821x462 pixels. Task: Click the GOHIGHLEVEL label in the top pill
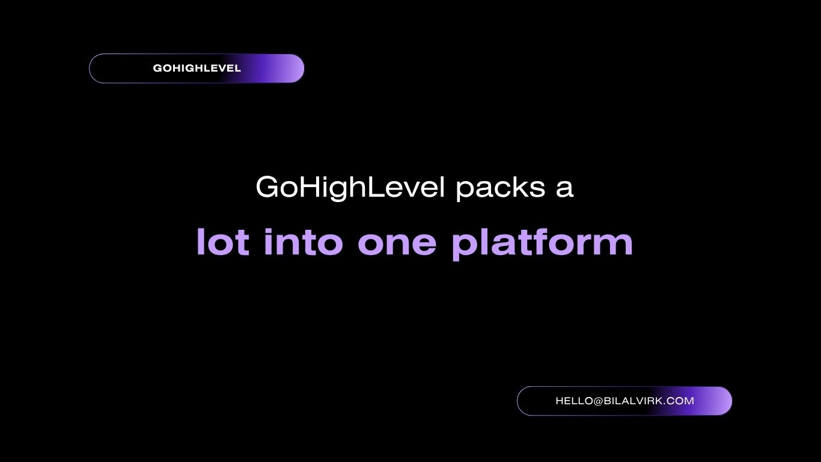197,68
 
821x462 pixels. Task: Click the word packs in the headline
500,188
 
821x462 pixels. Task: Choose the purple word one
397,244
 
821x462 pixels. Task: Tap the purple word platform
542,244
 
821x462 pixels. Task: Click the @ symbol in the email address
598,401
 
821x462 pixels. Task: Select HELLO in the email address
573,401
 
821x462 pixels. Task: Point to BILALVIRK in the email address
633,401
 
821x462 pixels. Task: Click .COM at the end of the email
679,401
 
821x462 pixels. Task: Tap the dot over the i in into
269,231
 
